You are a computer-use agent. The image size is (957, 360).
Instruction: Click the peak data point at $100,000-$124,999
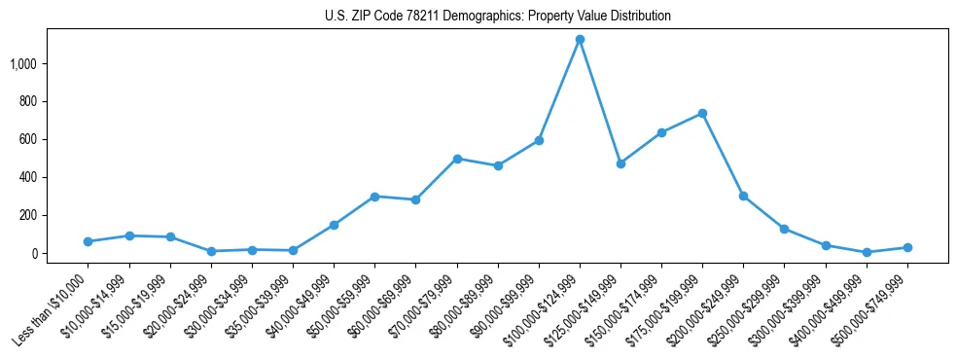point(580,40)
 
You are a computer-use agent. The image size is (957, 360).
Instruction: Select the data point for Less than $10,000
point(88,241)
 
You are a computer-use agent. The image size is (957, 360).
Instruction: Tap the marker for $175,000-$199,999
point(702,114)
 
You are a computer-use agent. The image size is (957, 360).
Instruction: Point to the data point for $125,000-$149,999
point(620,163)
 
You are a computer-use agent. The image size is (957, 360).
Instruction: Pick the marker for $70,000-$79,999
point(457,159)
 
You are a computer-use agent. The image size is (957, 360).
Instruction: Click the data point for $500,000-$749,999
point(907,247)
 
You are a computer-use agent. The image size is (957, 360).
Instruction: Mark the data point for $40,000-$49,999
point(334,225)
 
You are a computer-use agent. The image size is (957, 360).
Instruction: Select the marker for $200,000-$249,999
point(743,197)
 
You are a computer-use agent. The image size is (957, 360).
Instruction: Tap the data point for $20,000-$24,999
point(211,251)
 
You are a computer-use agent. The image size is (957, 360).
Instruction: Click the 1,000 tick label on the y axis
point(23,64)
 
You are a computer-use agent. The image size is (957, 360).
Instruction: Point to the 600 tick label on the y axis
point(28,140)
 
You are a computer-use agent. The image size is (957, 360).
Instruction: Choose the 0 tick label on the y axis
point(35,254)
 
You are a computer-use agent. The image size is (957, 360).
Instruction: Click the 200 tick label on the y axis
point(28,216)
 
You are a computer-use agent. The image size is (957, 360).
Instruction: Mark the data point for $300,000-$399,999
point(826,246)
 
